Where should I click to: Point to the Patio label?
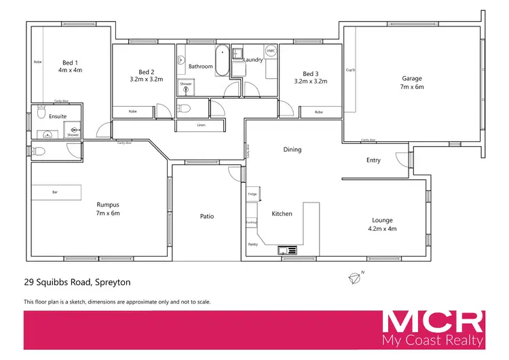pos(207,217)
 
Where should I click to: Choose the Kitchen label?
pos(282,214)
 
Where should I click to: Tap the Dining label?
pos(292,149)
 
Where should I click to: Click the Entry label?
pos(373,161)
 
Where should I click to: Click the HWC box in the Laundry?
pos(270,52)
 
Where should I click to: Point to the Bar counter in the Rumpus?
pos(56,192)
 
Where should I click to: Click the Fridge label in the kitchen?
pos(252,195)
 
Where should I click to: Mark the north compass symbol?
pos(354,276)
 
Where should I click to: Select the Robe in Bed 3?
pos(318,112)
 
